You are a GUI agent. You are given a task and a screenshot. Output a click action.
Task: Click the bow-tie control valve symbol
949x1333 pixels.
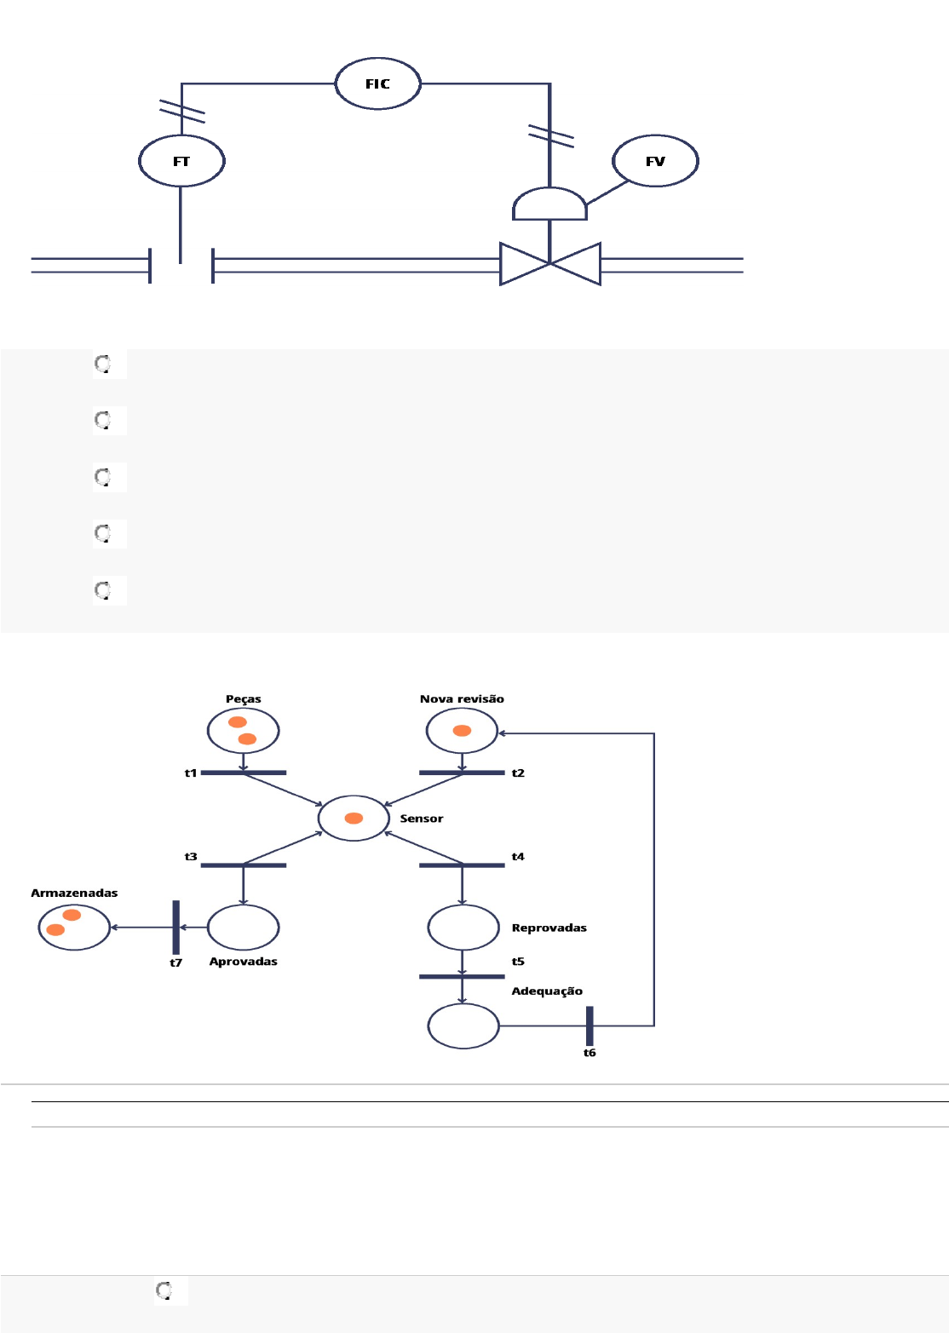[x=550, y=264]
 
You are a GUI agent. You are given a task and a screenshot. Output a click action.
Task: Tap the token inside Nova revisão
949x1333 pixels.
[x=462, y=731]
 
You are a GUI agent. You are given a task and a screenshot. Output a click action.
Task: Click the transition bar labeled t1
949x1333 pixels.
[x=244, y=773]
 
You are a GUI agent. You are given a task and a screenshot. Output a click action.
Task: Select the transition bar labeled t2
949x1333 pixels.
[x=462, y=773]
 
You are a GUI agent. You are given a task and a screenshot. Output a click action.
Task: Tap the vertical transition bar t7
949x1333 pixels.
[x=176, y=928]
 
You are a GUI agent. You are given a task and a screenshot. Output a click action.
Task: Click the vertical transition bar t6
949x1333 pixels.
[x=590, y=1026]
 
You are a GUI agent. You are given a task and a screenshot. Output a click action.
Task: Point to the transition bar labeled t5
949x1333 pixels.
[x=462, y=977]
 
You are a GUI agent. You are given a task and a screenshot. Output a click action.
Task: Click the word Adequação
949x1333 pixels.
[x=547, y=991]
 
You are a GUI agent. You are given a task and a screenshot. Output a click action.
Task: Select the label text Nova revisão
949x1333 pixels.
[x=462, y=698]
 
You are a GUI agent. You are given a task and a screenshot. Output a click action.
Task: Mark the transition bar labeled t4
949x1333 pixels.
[x=462, y=865]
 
